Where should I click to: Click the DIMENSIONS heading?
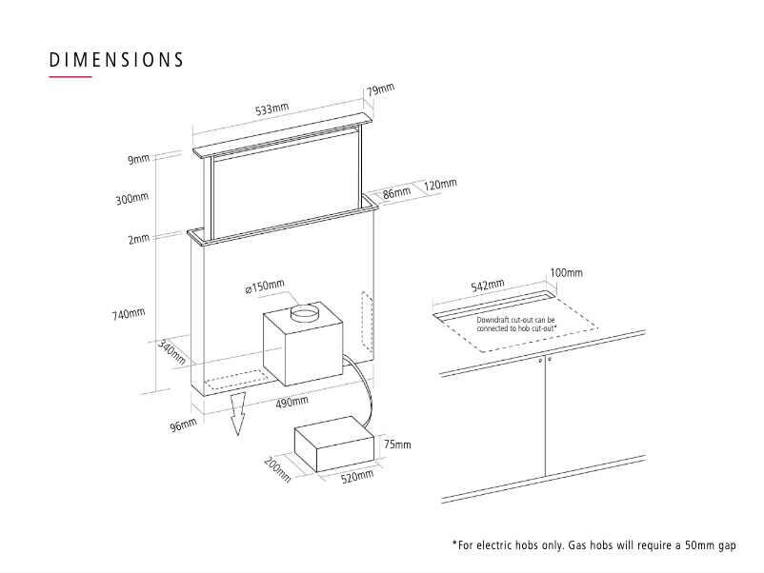point(116,59)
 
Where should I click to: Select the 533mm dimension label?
point(271,110)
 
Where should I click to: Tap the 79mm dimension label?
point(379,89)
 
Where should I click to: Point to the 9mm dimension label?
point(139,159)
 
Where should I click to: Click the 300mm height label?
point(133,198)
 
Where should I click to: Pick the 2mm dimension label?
point(139,238)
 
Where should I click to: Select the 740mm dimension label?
point(130,313)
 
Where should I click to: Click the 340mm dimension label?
point(171,352)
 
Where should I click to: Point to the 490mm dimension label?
point(292,403)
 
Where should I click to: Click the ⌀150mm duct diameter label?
point(270,286)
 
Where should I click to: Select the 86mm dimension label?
point(396,191)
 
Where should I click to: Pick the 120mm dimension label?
point(440,184)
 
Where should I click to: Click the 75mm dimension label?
point(397,445)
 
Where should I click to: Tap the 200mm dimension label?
point(276,469)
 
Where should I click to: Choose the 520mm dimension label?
point(356,476)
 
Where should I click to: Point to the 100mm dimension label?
point(566,273)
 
